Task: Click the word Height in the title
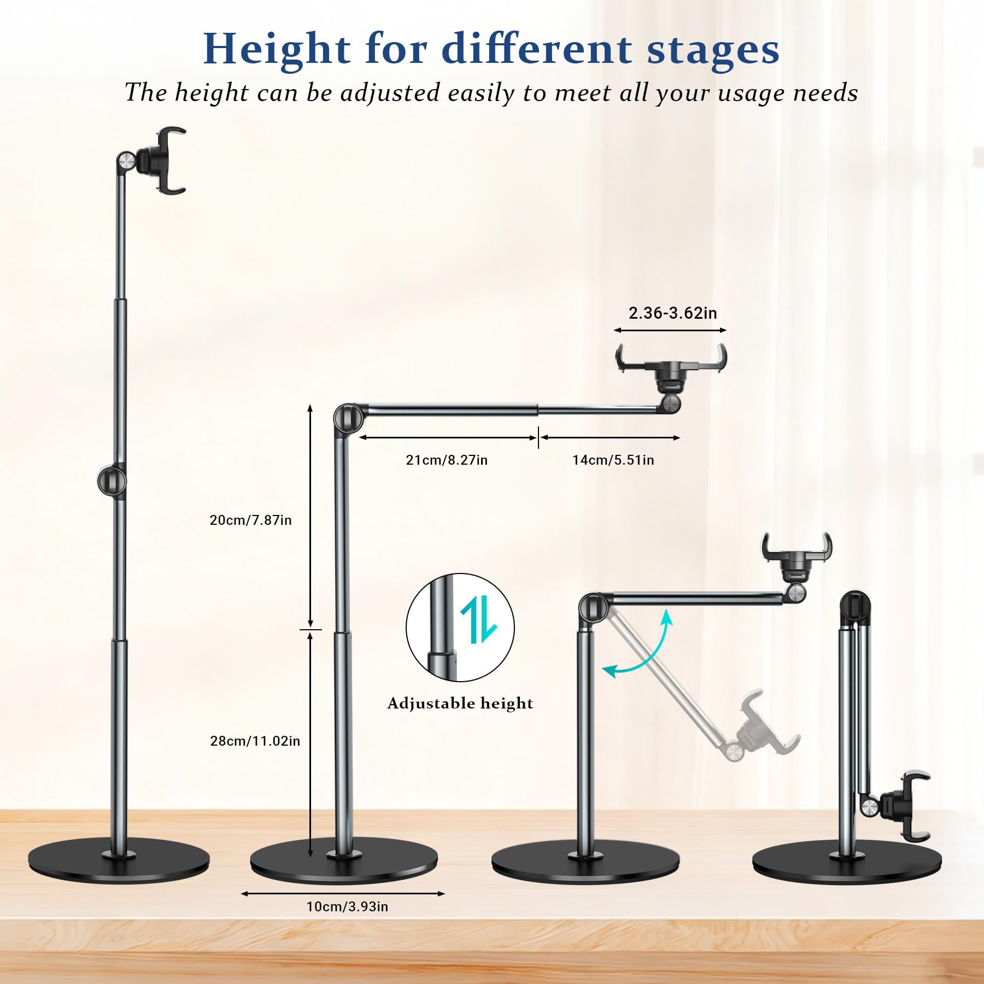[x=277, y=50]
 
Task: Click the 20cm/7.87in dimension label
[x=250, y=520]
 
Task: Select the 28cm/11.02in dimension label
[x=255, y=741]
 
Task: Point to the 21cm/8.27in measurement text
[x=447, y=460]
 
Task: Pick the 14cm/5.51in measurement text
[x=613, y=460]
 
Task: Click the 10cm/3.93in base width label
[x=347, y=906]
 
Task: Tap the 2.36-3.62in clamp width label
[x=672, y=313]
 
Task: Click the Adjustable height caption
[x=460, y=703]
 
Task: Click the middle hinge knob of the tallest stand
[x=112, y=481]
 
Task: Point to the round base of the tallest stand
[x=119, y=862]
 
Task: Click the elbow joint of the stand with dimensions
[x=348, y=420]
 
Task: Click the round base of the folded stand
[x=847, y=864]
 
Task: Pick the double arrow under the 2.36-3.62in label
[x=670, y=330]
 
